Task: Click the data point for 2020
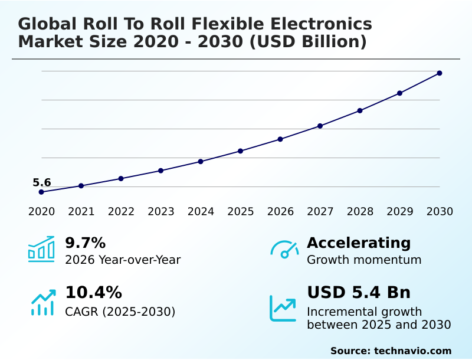click(41, 192)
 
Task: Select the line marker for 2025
click(241, 151)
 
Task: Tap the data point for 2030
click(440, 73)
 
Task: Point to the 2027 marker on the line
click(320, 126)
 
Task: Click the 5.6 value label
click(41, 183)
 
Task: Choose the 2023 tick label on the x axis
click(161, 212)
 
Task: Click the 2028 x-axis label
click(360, 212)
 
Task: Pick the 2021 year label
click(81, 212)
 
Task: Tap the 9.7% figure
click(85, 243)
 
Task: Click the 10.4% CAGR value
click(93, 293)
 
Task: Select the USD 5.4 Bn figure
click(359, 293)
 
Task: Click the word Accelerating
click(359, 243)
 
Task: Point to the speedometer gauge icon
click(284, 250)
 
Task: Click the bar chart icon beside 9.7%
click(41, 249)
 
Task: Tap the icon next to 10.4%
click(42, 302)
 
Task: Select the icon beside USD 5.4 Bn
click(283, 308)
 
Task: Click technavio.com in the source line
click(412, 351)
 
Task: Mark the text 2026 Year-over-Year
click(123, 260)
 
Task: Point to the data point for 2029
click(399, 93)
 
